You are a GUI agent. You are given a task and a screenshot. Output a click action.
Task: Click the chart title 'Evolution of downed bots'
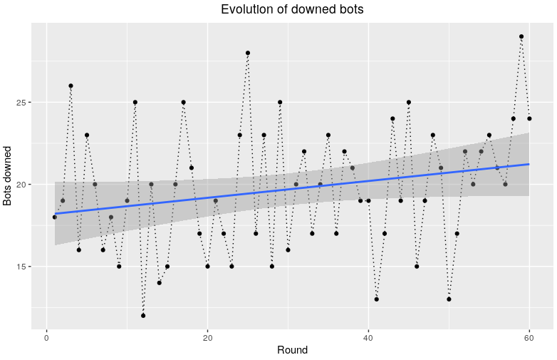point(292,9)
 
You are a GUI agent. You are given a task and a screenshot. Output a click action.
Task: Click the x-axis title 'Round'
point(292,350)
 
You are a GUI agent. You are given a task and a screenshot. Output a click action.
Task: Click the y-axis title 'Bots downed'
point(8,176)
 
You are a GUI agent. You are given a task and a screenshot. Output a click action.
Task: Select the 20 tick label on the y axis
point(21,185)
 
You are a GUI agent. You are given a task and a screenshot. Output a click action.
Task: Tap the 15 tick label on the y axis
point(21,267)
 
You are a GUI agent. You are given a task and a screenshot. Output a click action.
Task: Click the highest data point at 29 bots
point(521,36)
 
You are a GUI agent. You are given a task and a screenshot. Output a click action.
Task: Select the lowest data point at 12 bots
point(143,316)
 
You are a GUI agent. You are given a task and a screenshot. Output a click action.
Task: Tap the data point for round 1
point(55,217)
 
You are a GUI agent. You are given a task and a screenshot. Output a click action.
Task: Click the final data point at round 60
point(529,118)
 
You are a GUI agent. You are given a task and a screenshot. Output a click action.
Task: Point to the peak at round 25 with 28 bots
point(248,53)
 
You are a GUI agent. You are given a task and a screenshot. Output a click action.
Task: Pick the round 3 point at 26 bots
point(71,86)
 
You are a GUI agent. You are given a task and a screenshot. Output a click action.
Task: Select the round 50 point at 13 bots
point(449,299)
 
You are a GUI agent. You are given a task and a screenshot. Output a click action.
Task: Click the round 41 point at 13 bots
point(377,299)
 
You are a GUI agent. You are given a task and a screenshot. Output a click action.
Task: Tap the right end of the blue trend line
point(529,164)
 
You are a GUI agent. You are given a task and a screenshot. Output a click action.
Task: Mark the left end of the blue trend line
point(55,213)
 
